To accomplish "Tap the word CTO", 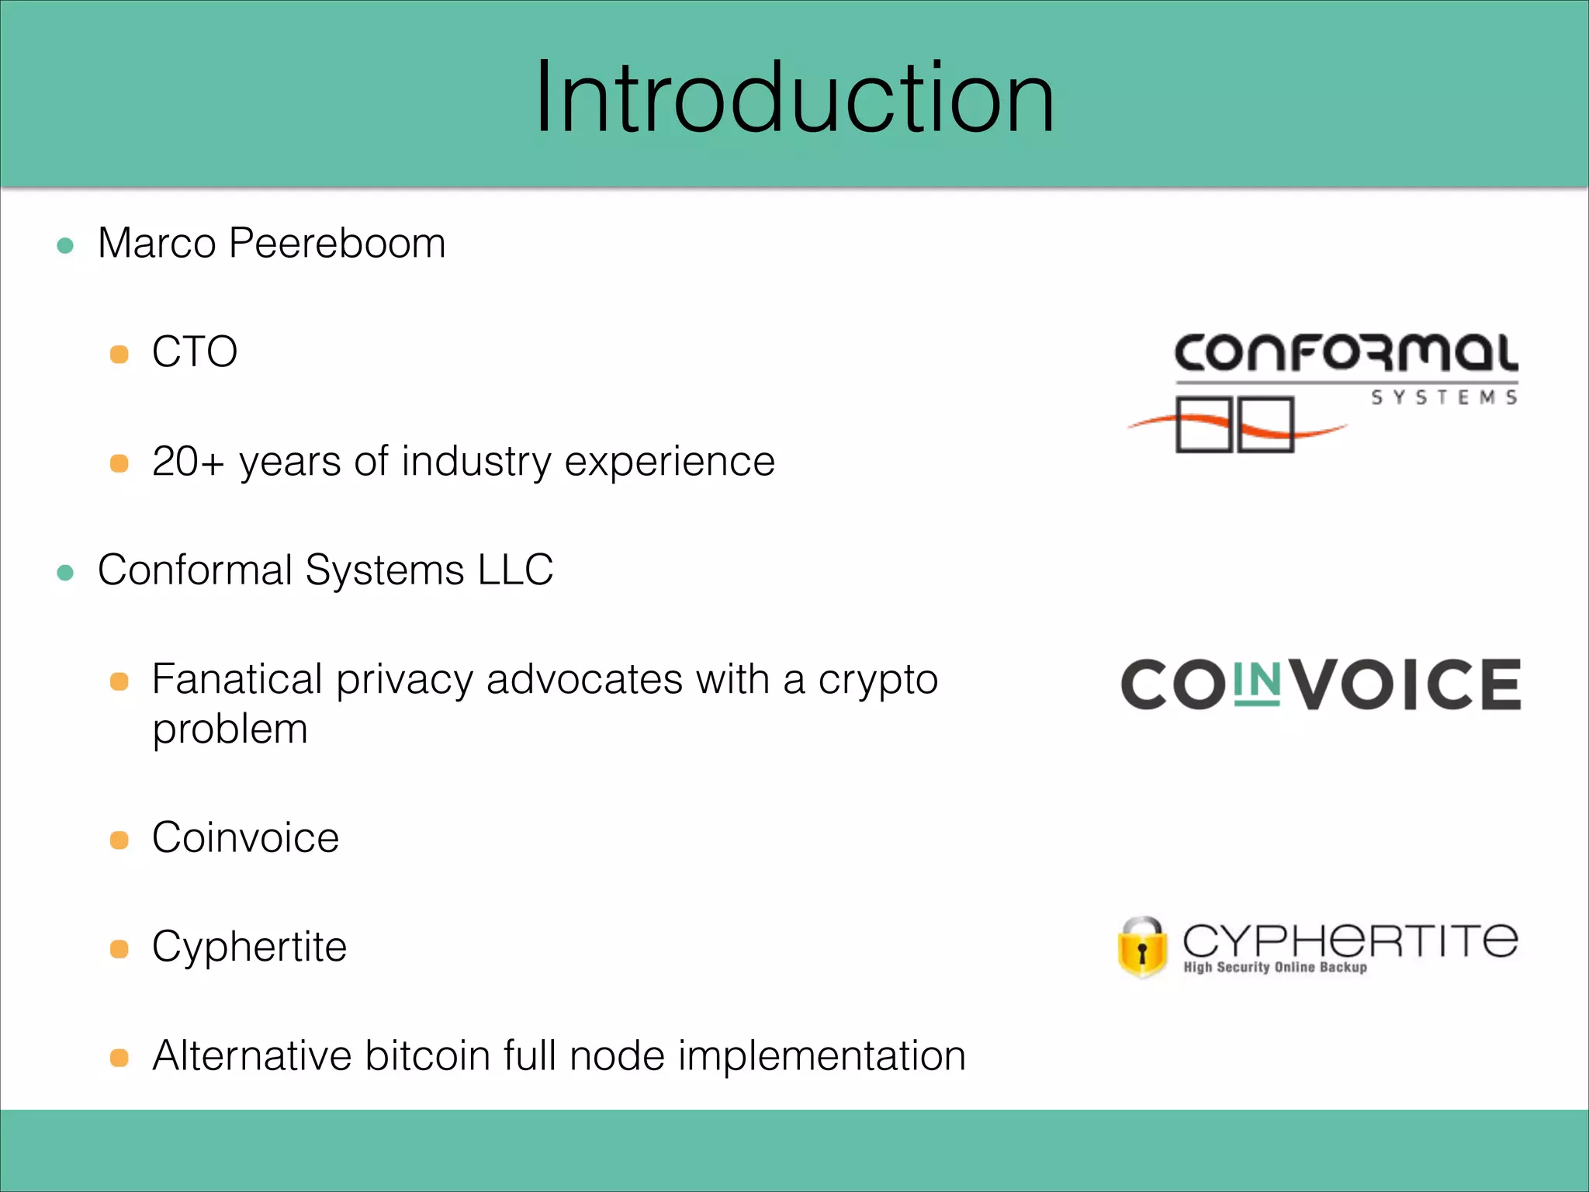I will pos(195,352).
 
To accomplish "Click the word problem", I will pos(230,729).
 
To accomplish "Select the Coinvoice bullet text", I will pos(245,838).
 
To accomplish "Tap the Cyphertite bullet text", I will pos(249,947).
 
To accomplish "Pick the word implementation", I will pos(822,1056).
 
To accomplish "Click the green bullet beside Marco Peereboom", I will pos(66,246).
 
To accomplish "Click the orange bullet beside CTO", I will pos(119,355).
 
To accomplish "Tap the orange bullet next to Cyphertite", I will pos(119,949).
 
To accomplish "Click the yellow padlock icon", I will pos(1142,948).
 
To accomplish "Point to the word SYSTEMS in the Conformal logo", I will pos(1443,397).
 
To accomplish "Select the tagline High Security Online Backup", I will pos(1275,967).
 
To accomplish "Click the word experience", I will pos(670,462).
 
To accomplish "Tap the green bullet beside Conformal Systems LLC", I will pos(66,573).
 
